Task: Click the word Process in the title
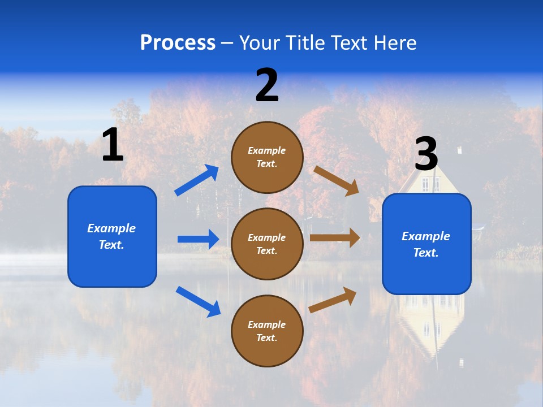(x=178, y=42)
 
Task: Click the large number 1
(x=113, y=145)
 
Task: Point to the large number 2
(x=267, y=85)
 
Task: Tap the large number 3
(x=426, y=154)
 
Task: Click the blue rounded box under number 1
(x=112, y=236)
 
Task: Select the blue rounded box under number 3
(x=426, y=244)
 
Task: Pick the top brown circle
(x=267, y=157)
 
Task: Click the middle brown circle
(x=267, y=244)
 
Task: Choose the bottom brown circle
(x=267, y=331)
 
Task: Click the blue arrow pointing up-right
(x=197, y=180)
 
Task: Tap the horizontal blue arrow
(x=198, y=239)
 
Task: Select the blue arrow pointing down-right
(x=198, y=301)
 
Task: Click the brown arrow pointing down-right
(x=337, y=180)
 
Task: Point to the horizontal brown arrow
(x=335, y=238)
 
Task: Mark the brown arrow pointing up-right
(x=333, y=300)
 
